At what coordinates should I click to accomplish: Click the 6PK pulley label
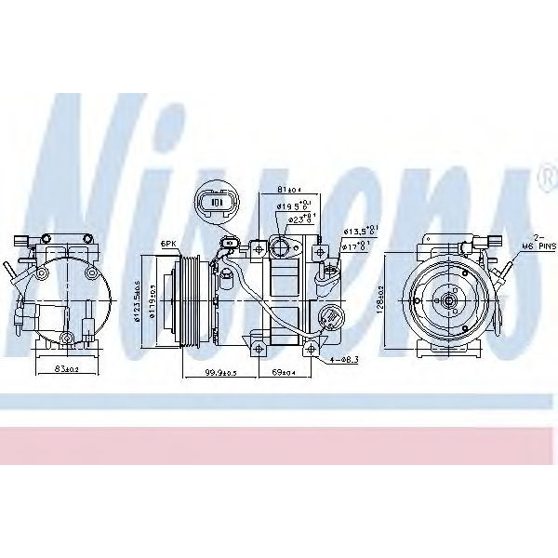point(168,245)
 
